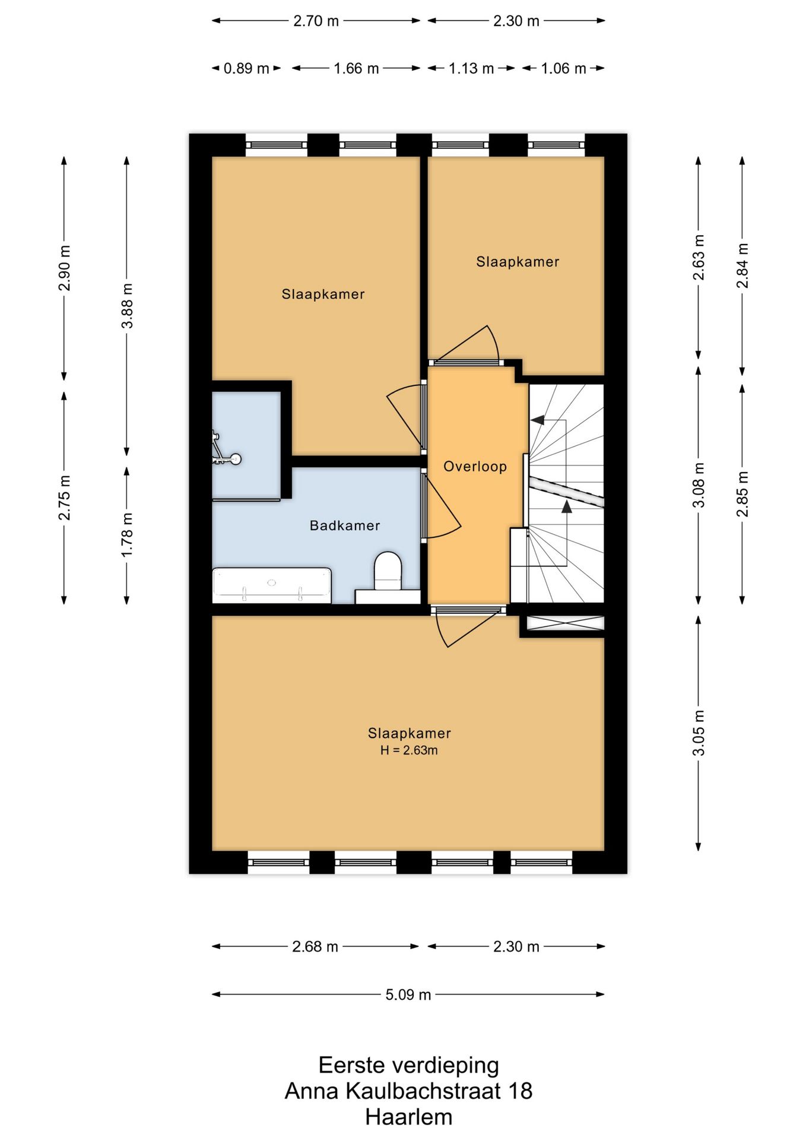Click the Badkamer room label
345,525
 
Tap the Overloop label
475,467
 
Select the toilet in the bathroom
388,571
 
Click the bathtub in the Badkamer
272,585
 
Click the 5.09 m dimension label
408,995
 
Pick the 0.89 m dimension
246,68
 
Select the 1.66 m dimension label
356,68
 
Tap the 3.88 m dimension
127,306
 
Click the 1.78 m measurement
127,535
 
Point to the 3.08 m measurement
699,485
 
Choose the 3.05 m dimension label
699,733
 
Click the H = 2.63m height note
409,750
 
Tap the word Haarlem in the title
409,1117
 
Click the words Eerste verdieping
409,1065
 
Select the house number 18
520,1091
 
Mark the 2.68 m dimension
315,946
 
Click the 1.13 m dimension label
471,68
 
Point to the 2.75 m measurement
64,498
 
